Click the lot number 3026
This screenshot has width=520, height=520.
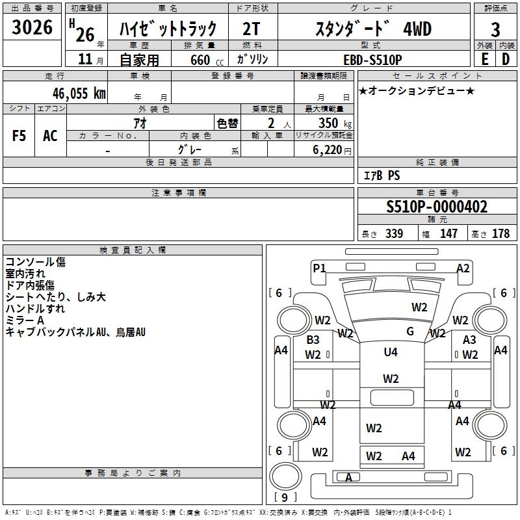coord(32,29)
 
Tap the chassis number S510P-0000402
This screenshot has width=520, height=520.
coord(436,207)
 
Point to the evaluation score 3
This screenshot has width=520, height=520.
coord(495,29)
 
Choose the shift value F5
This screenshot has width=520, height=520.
coord(19,135)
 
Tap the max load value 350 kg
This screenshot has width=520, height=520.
coord(331,123)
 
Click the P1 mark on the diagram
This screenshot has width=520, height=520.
coord(318,268)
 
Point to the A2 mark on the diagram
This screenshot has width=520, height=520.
coord(463,268)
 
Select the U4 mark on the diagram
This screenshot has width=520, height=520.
coord(390,352)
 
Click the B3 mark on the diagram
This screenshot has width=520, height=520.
coord(313,340)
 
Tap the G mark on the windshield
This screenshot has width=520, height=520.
coord(409,331)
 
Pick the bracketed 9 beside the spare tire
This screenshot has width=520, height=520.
coord(284,498)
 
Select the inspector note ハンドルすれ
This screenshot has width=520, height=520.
coord(35,309)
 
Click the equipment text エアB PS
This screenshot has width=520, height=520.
coord(382,175)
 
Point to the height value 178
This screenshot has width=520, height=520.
coord(501,234)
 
